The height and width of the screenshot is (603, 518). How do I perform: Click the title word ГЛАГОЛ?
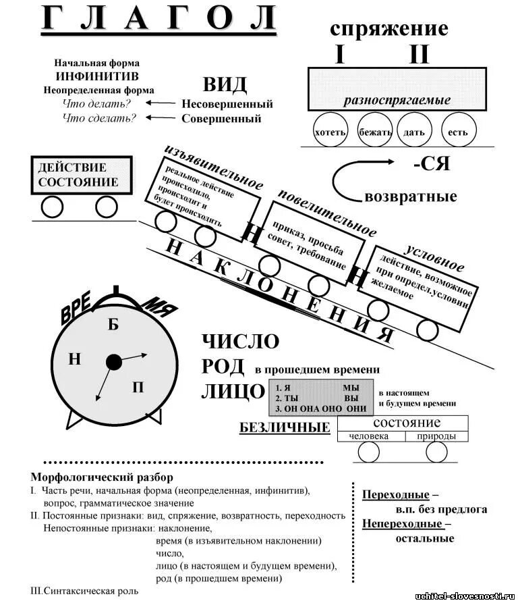(159, 19)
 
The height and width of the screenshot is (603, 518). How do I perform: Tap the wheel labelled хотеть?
(330, 132)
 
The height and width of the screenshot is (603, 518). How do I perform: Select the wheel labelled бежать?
(375, 132)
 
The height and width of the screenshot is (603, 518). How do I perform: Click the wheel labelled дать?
(414, 132)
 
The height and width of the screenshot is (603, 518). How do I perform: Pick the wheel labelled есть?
(458, 132)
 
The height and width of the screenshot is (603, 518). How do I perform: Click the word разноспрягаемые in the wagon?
(397, 101)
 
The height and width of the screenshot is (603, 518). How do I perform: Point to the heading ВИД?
(225, 85)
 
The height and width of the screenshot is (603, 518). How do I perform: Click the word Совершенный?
(221, 119)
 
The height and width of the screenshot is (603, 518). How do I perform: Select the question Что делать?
(96, 104)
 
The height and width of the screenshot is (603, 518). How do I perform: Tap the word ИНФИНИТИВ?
(98, 77)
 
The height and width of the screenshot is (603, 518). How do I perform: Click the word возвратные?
(410, 197)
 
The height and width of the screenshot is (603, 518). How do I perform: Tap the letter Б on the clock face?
(113, 324)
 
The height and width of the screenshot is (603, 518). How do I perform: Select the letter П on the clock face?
(138, 387)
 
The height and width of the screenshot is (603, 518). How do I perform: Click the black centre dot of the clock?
(114, 363)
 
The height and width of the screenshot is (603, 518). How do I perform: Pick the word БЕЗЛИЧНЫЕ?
(285, 427)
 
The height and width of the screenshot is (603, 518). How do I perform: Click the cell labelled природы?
(436, 436)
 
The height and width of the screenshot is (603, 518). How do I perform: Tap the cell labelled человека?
(369, 436)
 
